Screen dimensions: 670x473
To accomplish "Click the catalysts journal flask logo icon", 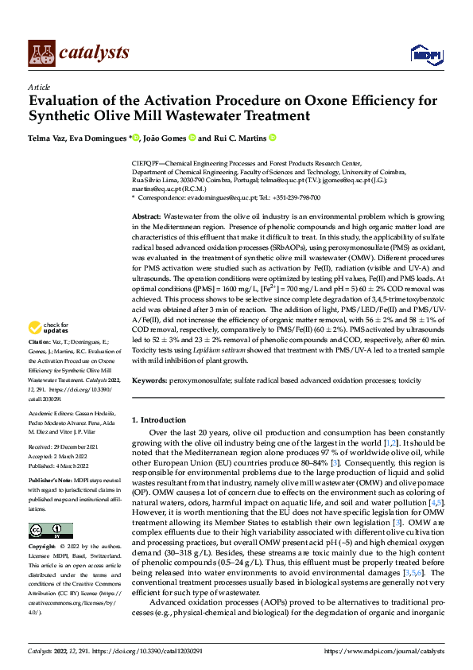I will (41, 52).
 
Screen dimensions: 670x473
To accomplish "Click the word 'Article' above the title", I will (39, 87).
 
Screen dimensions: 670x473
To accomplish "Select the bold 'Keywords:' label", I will (150, 381).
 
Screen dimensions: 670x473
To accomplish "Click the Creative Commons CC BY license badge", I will (50, 531).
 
